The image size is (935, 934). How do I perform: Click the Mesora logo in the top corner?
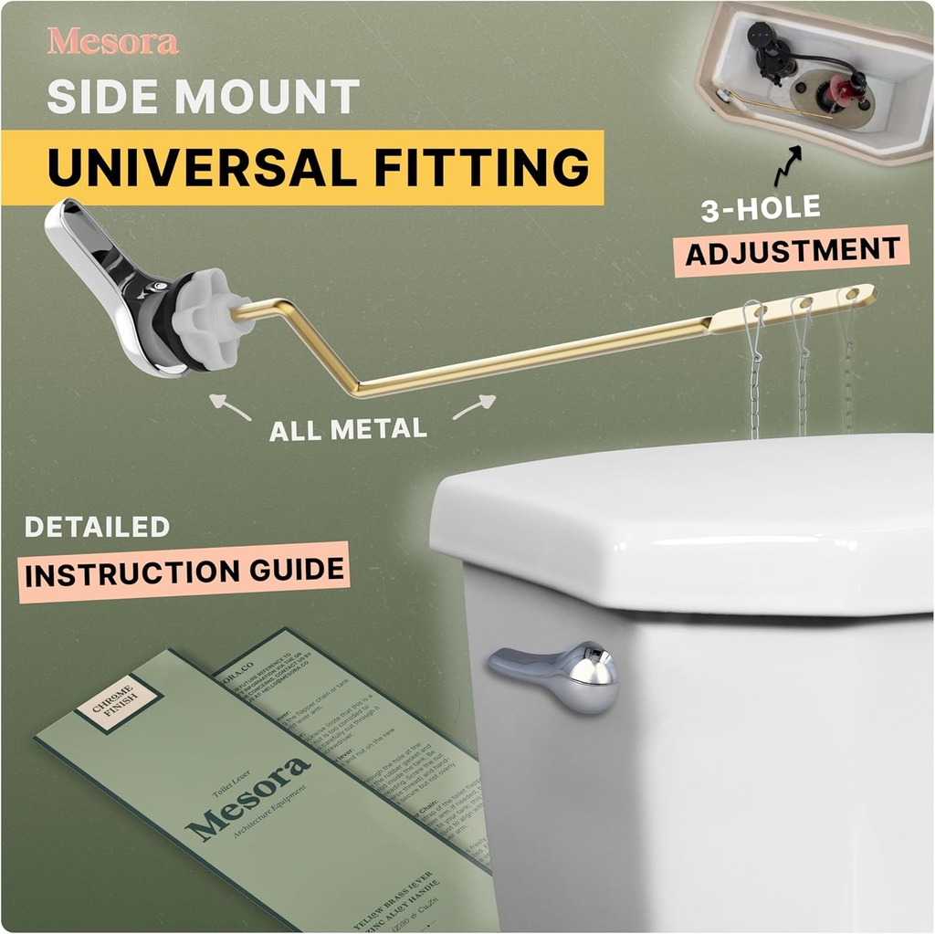[112, 41]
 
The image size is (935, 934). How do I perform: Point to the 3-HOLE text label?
[760, 210]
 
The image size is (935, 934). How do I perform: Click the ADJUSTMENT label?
[793, 250]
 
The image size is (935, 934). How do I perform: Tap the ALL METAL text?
[348, 428]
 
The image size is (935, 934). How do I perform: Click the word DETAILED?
[97, 528]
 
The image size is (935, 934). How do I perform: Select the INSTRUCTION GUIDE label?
[185, 572]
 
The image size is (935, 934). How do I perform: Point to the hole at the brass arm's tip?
[853, 294]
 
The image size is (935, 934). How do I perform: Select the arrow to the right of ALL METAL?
[474, 406]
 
